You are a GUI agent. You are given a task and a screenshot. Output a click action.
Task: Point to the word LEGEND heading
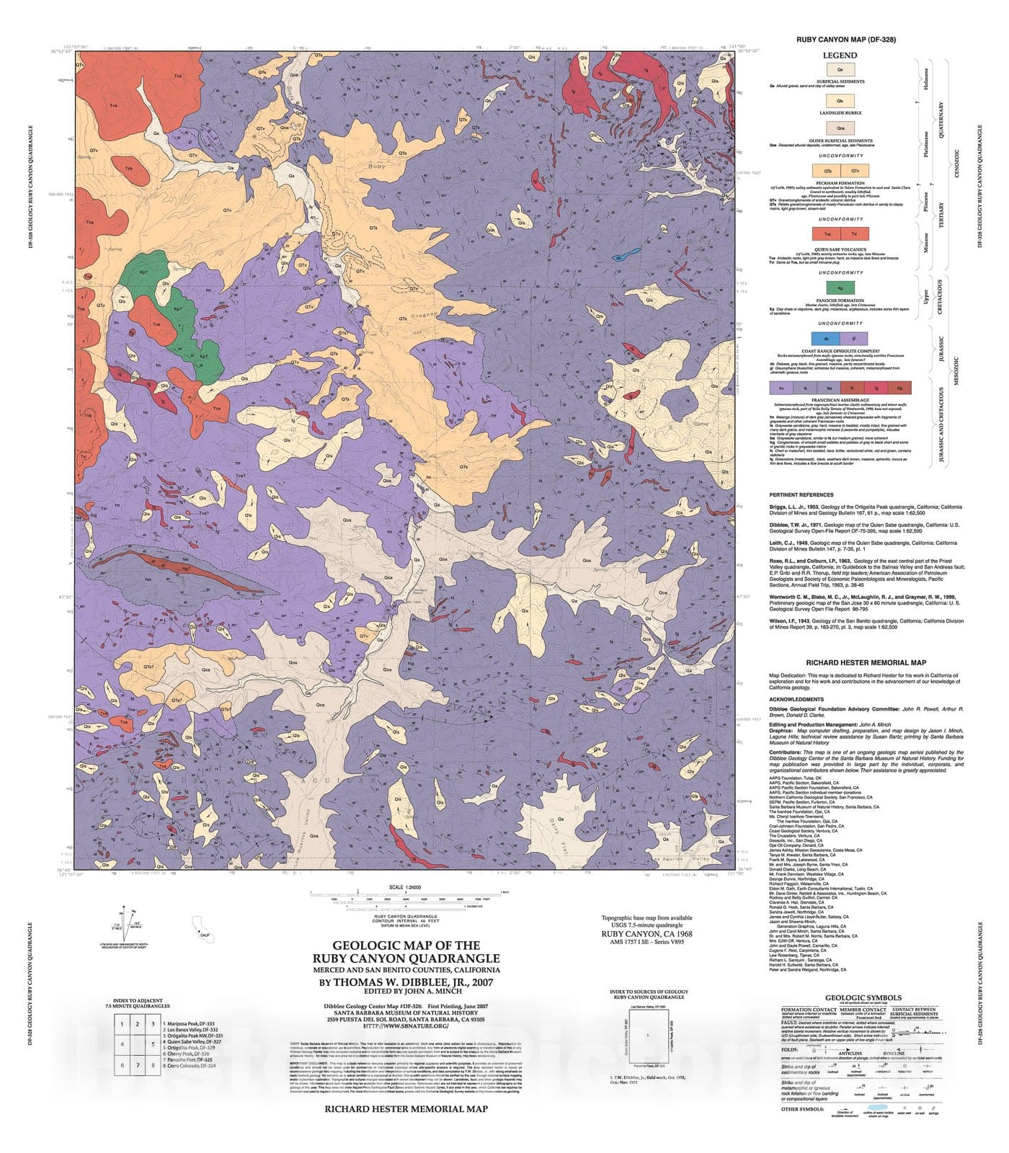point(840,55)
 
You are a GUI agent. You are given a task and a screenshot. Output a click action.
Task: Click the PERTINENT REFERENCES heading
point(801,495)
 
